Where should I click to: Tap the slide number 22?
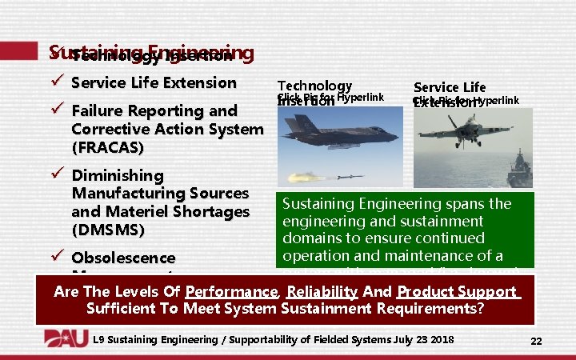pyautogui.click(x=536, y=342)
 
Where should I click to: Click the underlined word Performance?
pyautogui.click(x=231, y=292)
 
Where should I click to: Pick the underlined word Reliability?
pyautogui.click(x=322, y=292)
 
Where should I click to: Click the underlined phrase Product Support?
pyautogui.click(x=457, y=292)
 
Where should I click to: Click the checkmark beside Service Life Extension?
pyautogui.click(x=55, y=82)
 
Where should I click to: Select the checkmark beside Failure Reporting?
pyautogui.click(x=55, y=110)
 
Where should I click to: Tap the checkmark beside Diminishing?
pyautogui.click(x=55, y=175)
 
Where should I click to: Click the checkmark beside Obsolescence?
pyautogui.click(x=55, y=258)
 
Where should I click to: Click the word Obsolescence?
pyautogui.click(x=123, y=258)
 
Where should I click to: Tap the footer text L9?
pyautogui.click(x=99, y=340)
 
